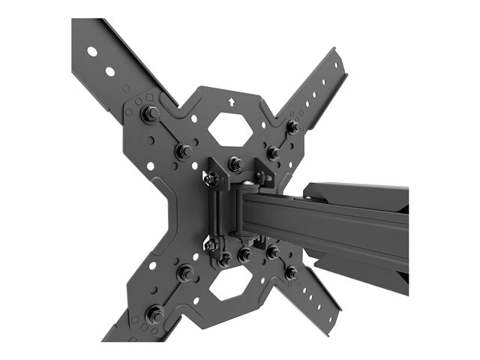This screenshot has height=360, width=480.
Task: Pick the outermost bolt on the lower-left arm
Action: click(x=155, y=312)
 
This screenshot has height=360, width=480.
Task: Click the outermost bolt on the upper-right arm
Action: click(x=293, y=127)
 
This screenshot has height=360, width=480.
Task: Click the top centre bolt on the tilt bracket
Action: click(x=235, y=163)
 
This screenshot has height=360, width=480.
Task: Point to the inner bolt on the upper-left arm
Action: click(x=184, y=151)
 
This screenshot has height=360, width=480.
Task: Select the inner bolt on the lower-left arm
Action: click(x=184, y=272)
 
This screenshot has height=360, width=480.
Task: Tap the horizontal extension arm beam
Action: click(x=330, y=217)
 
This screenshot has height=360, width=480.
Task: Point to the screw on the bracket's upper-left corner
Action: click(x=211, y=178)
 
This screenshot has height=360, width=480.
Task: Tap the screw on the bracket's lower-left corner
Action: click(x=211, y=244)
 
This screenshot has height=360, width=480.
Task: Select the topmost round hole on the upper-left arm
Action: click(x=91, y=52)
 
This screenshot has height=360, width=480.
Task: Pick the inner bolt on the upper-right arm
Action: click(x=274, y=152)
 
